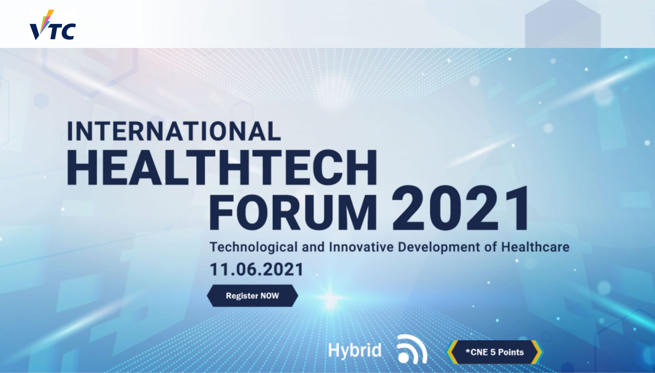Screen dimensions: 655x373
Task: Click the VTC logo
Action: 52,25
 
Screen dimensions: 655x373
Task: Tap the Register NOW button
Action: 252,296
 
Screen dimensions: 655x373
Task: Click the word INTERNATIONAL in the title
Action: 174,131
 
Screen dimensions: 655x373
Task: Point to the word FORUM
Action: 293,212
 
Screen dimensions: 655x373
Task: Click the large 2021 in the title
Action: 460,208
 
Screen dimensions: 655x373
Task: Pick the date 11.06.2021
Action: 256,270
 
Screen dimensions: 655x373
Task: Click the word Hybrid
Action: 355,350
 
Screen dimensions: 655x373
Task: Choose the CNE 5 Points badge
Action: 494,352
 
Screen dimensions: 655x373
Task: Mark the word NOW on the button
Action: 269,296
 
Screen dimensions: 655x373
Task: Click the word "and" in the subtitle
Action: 313,247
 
